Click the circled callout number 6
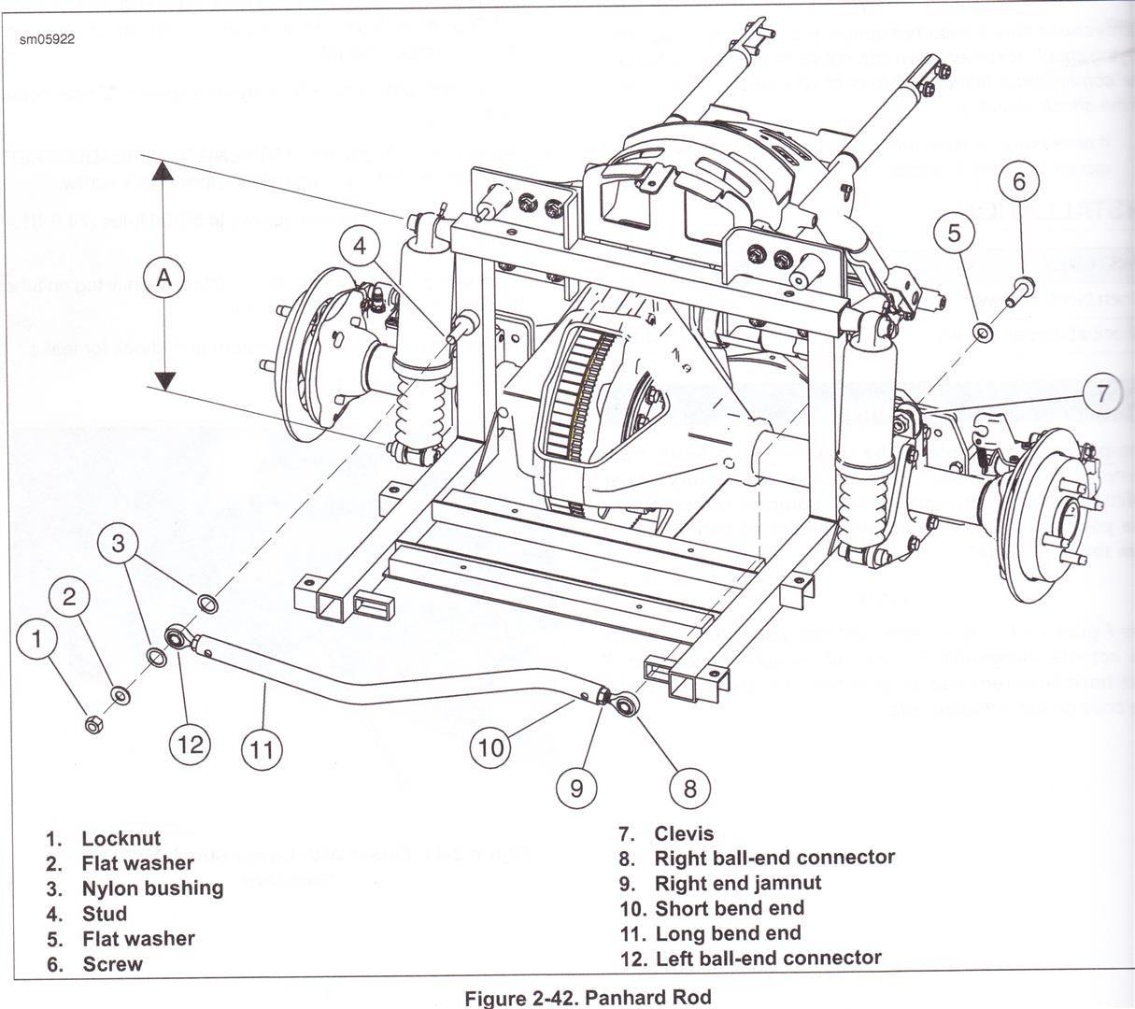tap(1019, 181)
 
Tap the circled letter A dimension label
tap(164, 277)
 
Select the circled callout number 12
tap(191, 745)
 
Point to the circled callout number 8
tap(689, 788)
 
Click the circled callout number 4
tap(360, 248)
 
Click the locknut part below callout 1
tap(93, 724)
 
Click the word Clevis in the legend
tap(684, 833)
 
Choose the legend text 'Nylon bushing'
tap(152, 888)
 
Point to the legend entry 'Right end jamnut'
tap(738, 883)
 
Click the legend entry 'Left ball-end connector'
tap(768, 958)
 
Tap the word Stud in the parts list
tap(104, 913)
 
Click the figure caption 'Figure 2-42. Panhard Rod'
tap(588, 997)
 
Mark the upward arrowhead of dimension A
tap(164, 171)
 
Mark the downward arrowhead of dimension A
tap(164, 380)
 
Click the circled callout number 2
tap(70, 596)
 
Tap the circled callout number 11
tap(264, 748)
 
